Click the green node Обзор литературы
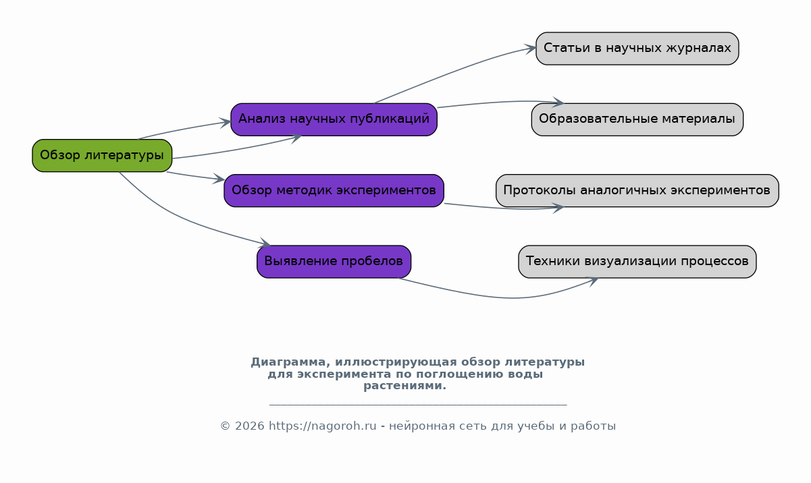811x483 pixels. [x=102, y=156]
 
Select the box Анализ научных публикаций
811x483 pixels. [x=334, y=120]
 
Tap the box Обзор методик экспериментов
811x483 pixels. [x=334, y=191]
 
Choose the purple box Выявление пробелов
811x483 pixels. [x=334, y=262]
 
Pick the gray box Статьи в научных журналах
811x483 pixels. [x=637, y=49]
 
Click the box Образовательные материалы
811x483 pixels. [x=637, y=120]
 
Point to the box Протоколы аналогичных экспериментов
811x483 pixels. [x=637, y=191]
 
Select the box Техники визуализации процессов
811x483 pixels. [x=637, y=262]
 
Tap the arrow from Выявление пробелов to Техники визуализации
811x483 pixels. [x=507, y=297]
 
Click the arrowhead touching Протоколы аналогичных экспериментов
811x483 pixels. [x=558, y=208]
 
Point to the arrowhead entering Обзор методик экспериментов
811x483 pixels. [x=219, y=179]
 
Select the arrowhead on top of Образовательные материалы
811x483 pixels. [x=558, y=103]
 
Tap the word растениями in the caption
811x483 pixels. [x=404, y=386]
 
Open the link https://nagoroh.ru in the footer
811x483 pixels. [x=323, y=426]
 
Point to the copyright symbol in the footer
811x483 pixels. [x=225, y=426]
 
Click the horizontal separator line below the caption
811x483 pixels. [x=418, y=405]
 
